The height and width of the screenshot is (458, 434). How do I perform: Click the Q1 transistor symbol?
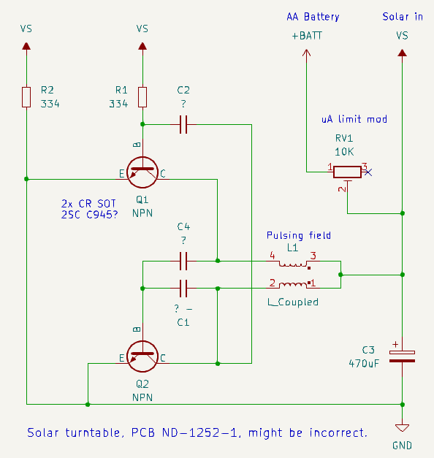[142, 172]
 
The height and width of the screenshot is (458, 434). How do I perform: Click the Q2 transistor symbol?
[142, 356]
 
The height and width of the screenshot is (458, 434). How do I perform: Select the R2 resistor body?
[26, 97]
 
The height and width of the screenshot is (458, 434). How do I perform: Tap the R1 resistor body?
[142, 97]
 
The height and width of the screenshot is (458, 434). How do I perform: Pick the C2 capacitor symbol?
[183, 125]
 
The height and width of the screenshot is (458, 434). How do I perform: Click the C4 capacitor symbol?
[183, 261]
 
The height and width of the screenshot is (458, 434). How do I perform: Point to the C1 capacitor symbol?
[183, 289]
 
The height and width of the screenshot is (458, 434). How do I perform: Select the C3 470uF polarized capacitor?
[402, 356]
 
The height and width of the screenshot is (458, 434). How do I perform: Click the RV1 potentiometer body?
[347, 172]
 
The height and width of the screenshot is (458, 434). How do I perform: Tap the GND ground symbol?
[402, 428]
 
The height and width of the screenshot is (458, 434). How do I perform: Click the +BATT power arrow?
[306, 53]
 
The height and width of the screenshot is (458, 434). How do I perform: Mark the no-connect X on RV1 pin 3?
[368, 172]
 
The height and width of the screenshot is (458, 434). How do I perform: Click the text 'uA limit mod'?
[354, 119]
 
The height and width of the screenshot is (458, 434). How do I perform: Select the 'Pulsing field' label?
[299, 235]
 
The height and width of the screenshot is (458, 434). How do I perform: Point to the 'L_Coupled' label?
[293, 302]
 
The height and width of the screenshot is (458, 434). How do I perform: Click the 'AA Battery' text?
[313, 17]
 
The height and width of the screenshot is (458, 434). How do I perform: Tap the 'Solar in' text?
[403, 17]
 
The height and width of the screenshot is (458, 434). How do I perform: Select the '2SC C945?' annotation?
[89, 215]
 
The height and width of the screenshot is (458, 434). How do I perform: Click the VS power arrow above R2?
[26, 46]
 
